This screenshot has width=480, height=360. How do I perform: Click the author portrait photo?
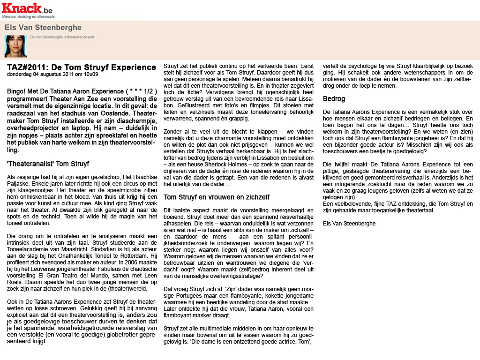tap(15, 46)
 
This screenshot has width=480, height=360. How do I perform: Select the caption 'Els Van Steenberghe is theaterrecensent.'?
tap(62, 37)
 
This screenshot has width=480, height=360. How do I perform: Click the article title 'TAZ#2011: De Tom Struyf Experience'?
tap(81, 67)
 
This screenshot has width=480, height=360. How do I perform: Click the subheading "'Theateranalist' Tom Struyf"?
tap(48, 164)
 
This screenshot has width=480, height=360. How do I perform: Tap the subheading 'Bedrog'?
tap(333, 99)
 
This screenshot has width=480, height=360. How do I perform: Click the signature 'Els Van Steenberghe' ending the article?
tap(349, 224)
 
